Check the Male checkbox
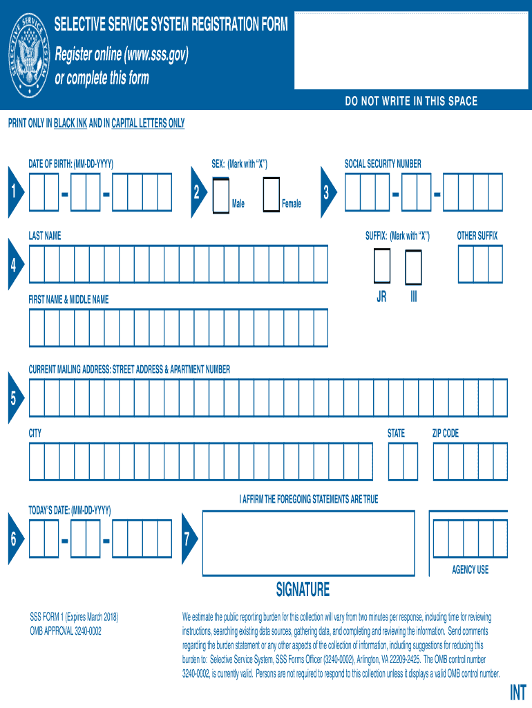tap(220, 194)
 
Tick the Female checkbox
tap(272, 194)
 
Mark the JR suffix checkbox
tap(381, 265)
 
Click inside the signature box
tap(308, 543)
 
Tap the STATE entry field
tap(403, 461)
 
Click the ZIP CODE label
tap(445, 434)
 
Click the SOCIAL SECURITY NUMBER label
tap(383, 164)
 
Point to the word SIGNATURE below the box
tap(303, 590)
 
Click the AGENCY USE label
tap(470, 570)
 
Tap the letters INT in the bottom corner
tap(517, 693)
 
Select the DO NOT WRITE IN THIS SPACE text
tap(411, 102)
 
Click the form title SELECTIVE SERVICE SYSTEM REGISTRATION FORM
tap(171, 26)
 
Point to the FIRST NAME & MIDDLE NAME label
tap(68, 300)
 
